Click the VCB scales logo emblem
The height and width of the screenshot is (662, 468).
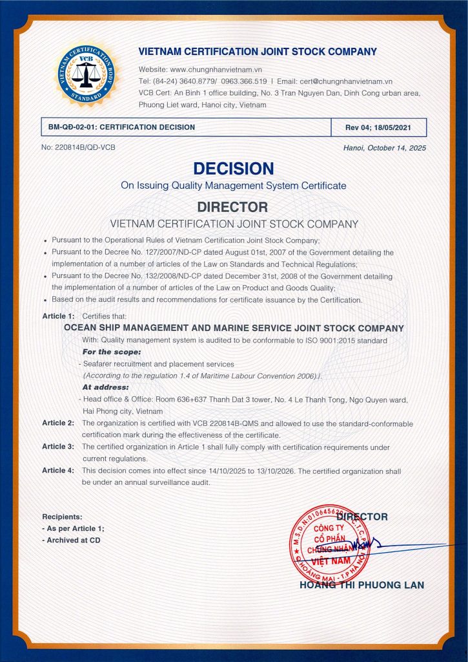pyautogui.click(x=86, y=74)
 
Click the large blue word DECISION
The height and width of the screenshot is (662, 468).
pyautogui.click(x=234, y=169)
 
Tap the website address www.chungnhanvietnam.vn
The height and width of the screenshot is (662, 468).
pyautogui.click(x=216, y=69)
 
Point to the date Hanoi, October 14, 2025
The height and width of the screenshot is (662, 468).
pyautogui.click(x=385, y=148)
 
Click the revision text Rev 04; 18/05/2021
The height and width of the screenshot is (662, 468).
pyautogui.click(x=378, y=127)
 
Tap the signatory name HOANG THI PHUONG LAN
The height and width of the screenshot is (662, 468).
pyautogui.click(x=361, y=585)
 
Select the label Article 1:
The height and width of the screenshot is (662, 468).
pyautogui.click(x=58, y=316)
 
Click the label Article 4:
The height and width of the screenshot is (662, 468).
pyautogui.click(x=58, y=471)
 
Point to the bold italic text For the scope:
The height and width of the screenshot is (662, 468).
pyautogui.click(x=111, y=352)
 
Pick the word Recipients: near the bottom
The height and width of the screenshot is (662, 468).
pyautogui.click(x=62, y=517)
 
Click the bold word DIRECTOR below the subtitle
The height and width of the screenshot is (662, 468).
pyautogui.click(x=232, y=208)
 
